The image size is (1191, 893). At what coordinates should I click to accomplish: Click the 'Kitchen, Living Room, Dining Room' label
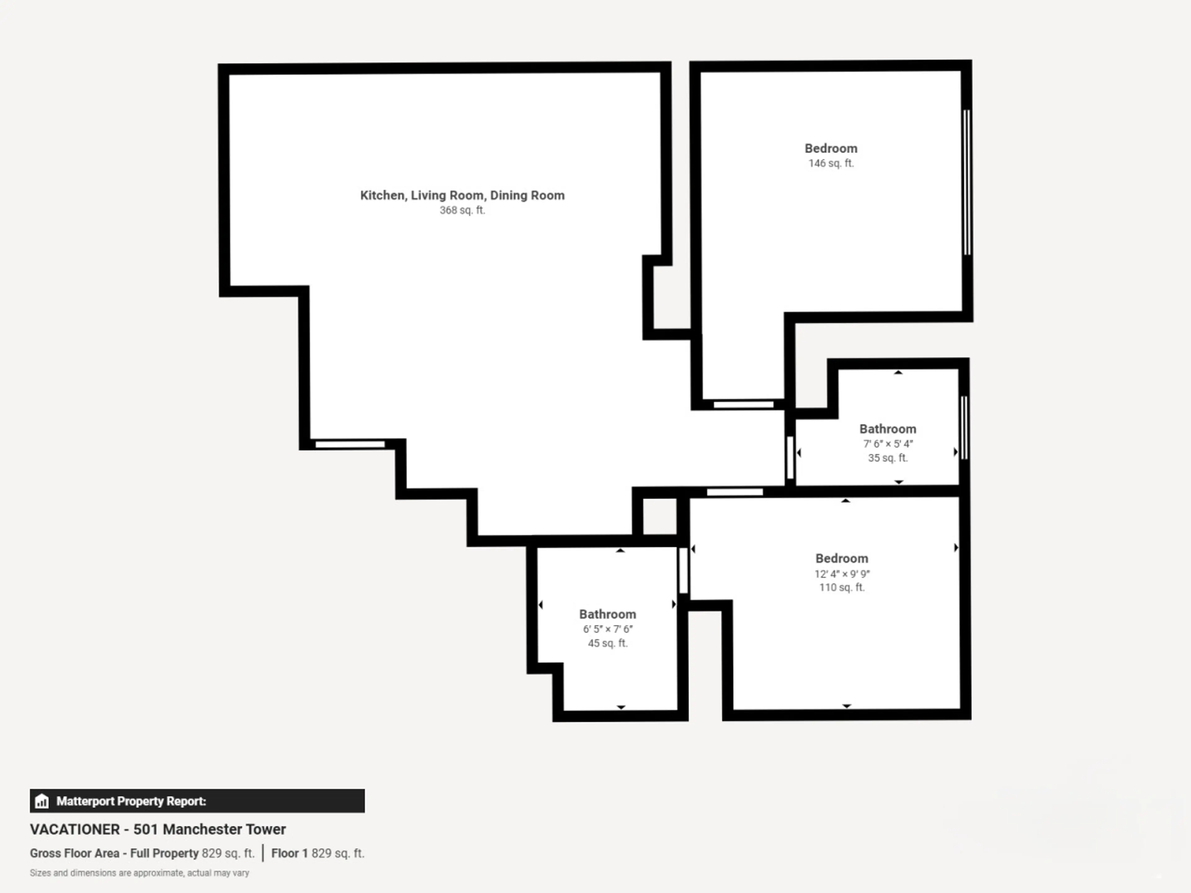(462, 195)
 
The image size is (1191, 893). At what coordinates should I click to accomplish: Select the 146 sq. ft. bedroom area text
(831, 163)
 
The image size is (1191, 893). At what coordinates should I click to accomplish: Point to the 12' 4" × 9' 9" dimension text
(841, 574)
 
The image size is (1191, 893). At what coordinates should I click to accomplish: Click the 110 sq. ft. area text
(841, 587)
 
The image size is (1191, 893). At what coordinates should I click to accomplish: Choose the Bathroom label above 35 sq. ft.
(887, 429)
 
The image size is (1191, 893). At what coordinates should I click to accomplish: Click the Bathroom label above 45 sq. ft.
(607, 614)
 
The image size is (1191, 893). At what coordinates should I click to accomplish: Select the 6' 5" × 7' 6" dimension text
(607, 629)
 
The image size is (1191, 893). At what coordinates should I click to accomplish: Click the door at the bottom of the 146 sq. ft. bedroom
(743, 404)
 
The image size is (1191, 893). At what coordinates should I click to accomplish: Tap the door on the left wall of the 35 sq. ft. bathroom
(790, 458)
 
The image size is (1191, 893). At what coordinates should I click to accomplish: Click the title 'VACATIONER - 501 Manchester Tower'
(158, 829)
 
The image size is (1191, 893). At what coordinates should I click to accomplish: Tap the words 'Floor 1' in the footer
(289, 853)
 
